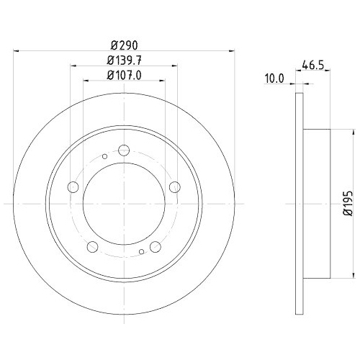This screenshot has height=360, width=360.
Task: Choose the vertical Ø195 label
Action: (x=347, y=204)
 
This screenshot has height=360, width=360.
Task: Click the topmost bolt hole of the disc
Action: (x=123, y=150)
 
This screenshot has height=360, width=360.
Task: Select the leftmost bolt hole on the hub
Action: (x=72, y=187)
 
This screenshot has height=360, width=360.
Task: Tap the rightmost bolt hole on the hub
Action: (x=174, y=187)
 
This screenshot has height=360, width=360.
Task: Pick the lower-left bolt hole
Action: (x=91, y=247)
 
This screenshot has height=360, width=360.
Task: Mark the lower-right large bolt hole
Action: (x=155, y=247)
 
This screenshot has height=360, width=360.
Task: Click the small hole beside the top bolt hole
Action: (x=105, y=157)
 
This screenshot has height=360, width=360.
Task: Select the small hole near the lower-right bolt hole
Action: (x=142, y=252)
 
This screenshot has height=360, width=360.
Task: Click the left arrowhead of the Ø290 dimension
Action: (x=17, y=50)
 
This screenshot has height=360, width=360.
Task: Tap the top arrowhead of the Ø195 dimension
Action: (x=354, y=131)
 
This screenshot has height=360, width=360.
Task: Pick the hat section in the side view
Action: (x=317, y=204)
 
